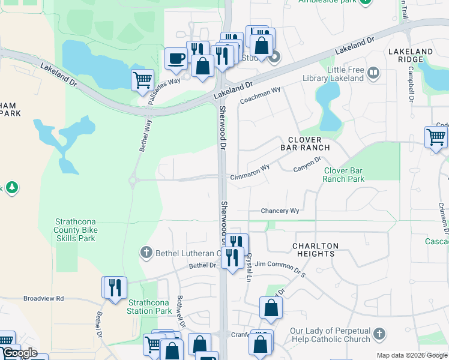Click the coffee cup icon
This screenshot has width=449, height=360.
176,59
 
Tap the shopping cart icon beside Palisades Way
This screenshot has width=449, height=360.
142,80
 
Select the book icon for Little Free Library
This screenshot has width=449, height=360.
373,73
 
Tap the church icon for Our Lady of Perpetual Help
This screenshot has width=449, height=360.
378,334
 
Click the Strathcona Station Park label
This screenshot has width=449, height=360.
149,307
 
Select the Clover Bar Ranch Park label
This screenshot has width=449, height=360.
352,175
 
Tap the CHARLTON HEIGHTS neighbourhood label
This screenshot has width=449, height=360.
315,250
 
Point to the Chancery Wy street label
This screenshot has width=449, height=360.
280,211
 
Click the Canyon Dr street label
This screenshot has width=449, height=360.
307,164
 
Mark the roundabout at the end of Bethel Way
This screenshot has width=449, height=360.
135,180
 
